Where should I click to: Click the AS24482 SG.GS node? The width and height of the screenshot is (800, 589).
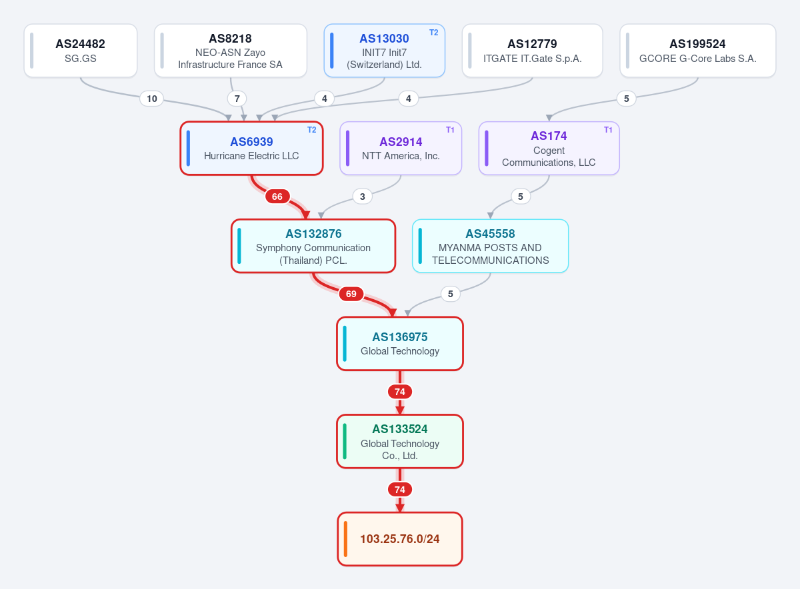tap(81, 51)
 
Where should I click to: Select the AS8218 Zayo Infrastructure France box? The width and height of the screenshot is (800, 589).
tap(231, 51)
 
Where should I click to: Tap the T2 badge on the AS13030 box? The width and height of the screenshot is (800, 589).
tap(433, 33)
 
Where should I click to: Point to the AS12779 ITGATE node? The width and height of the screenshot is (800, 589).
tap(532, 51)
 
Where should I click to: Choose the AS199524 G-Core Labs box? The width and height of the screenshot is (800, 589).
tap(697, 51)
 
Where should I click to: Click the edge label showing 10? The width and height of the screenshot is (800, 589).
tap(152, 99)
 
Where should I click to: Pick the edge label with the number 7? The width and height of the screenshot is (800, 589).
tap(237, 99)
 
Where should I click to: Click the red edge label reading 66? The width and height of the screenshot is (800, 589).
tap(277, 197)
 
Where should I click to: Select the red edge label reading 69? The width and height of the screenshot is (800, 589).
tap(351, 294)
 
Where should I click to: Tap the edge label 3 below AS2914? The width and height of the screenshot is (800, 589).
tap(362, 197)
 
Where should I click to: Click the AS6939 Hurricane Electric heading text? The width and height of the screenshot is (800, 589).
tap(251, 142)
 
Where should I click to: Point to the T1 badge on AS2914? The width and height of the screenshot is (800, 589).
tap(450, 130)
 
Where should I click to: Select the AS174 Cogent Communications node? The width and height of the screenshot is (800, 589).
tap(549, 148)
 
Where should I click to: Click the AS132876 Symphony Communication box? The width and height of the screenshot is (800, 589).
tap(313, 246)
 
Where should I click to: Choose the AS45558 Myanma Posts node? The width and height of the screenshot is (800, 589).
tap(491, 246)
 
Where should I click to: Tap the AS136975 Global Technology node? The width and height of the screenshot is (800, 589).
tap(400, 343)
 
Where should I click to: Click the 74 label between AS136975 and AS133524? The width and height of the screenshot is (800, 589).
tap(400, 392)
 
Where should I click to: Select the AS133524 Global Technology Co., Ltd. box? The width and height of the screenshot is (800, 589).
tap(400, 441)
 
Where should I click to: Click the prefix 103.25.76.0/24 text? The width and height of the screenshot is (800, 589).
tap(399, 539)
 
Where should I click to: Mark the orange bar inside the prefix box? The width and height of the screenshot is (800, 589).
tap(345, 539)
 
